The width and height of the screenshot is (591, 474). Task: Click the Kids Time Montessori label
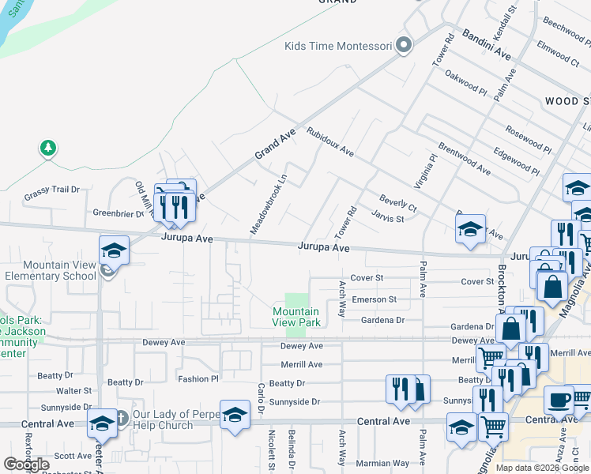pyautogui.click(x=338, y=46)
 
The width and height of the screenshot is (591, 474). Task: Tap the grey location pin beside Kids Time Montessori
pyautogui.click(x=404, y=45)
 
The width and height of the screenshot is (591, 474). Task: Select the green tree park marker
pyautogui.click(x=48, y=148)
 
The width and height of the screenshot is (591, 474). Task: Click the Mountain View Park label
pyautogui.click(x=296, y=318)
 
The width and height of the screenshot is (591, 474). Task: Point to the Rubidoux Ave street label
pyautogui.click(x=330, y=141)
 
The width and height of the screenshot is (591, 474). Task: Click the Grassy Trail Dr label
pyautogui.click(x=52, y=190)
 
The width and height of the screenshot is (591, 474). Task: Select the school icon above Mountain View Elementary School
pyautogui.click(x=114, y=251)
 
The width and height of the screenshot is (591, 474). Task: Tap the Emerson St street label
pyautogui.click(x=374, y=299)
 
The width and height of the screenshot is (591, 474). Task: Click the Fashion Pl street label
pyautogui.click(x=198, y=379)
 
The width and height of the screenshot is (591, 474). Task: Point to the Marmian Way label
pyautogui.click(x=384, y=463)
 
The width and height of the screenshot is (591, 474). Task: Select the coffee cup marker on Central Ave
pyautogui.click(x=559, y=401)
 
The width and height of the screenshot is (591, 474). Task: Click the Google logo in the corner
pyautogui.click(x=27, y=464)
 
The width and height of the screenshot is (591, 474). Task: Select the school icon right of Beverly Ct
pyautogui.click(x=471, y=230)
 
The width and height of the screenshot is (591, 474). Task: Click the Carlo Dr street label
pyautogui.click(x=260, y=397)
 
